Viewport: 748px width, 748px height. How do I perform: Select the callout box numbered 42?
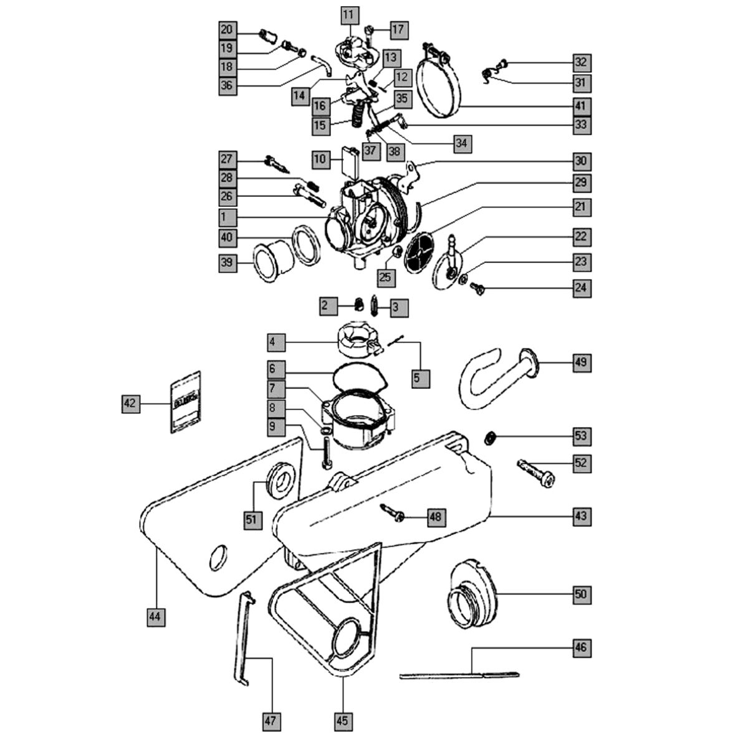[130, 404]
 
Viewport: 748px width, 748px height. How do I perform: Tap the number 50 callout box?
[581, 595]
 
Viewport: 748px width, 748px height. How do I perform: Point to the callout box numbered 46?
[581, 648]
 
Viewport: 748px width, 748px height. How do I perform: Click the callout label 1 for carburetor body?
[226, 218]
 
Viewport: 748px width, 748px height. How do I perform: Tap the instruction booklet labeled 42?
[185, 401]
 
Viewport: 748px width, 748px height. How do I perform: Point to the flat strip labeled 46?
[458, 674]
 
